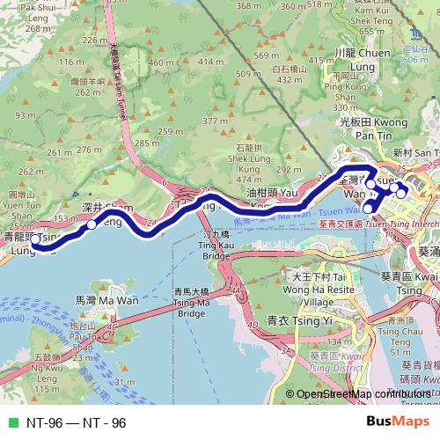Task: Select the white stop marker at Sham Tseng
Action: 92,224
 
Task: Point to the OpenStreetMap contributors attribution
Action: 363,393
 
